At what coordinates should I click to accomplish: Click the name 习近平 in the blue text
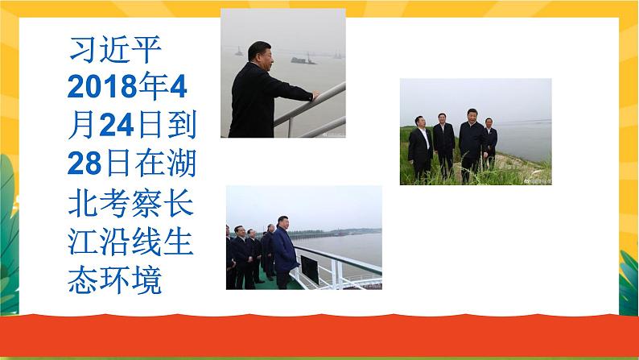[115, 49]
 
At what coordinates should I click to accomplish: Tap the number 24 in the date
[116, 125]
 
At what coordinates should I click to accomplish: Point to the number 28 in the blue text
[85, 163]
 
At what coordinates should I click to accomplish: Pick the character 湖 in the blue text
[181, 163]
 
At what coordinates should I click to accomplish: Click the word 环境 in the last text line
[130, 280]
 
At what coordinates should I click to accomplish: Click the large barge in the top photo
[303, 60]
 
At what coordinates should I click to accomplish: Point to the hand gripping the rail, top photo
[315, 95]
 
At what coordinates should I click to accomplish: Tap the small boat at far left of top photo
[239, 52]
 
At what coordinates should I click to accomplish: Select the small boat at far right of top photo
[337, 56]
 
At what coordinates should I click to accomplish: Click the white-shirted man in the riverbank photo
[420, 148]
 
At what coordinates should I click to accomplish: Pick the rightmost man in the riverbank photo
[490, 143]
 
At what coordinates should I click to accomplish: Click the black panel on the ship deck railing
[309, 269]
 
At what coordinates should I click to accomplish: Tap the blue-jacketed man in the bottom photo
[283, 252]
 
